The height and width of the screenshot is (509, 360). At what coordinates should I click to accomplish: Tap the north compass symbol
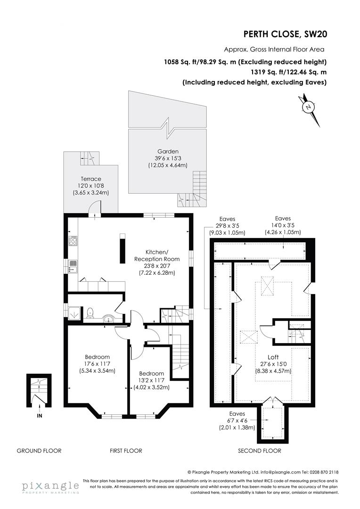[309, 107]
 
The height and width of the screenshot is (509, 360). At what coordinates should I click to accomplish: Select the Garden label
[168, 152]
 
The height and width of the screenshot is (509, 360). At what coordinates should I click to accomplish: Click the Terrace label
[91, 179]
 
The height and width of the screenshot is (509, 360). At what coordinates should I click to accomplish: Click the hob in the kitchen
[73, 241]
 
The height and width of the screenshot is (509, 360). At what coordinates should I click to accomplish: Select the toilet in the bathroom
[90, 312]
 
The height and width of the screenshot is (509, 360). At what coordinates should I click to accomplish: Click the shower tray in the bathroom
[74, 312]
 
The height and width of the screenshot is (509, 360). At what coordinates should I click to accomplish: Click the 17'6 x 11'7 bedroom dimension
[97, 364]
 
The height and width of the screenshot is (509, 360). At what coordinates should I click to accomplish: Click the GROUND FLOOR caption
[39, 451]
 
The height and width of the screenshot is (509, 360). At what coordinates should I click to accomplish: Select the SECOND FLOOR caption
[260, 451]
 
